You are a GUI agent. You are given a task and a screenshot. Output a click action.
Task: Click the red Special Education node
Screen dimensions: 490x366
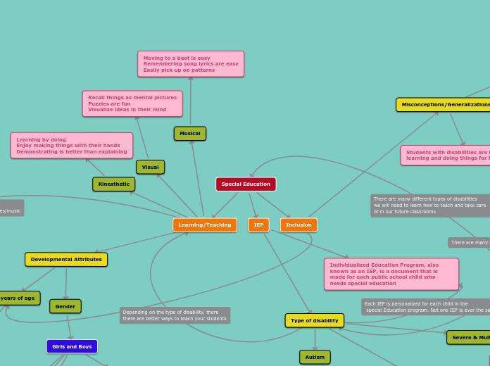coord(246,184)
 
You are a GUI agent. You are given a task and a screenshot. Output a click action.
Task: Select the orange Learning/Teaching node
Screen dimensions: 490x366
coord(205,225)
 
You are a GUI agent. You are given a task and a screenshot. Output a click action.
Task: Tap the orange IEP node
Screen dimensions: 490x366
coord(258,225)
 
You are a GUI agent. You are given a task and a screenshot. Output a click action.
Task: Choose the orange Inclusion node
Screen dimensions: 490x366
coord(299,225)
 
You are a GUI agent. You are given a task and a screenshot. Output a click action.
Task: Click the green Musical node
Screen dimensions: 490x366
coord(190,134)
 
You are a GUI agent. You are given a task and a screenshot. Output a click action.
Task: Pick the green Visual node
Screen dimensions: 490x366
coord(150,168)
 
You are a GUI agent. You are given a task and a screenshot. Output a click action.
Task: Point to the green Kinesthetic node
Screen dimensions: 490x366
coord(113,184)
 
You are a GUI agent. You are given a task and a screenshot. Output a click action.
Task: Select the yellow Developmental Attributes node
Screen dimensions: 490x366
coord(66,260)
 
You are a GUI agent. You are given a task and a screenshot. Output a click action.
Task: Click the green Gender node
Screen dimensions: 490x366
coord(65,307)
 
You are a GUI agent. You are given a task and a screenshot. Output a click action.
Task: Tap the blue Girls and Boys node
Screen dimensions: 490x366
coord(72,347)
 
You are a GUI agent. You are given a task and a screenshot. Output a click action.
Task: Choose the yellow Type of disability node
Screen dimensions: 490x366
coord(315,321)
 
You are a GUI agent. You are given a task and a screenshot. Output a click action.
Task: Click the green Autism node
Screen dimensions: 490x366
coord(315,358)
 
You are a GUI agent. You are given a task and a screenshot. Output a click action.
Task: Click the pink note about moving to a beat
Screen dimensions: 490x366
coord(191,64)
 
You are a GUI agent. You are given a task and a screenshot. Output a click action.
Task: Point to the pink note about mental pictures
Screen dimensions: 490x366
coord(132,104)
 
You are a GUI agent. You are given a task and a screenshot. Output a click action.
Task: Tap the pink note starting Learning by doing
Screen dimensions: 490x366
coord(72,146)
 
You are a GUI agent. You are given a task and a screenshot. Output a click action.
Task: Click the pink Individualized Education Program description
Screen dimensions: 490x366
coord(391,274)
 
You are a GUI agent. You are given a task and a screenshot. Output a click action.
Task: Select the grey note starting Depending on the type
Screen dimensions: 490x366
coord(175,315)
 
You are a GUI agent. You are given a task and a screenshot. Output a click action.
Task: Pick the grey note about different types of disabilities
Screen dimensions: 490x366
coord(429,206)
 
